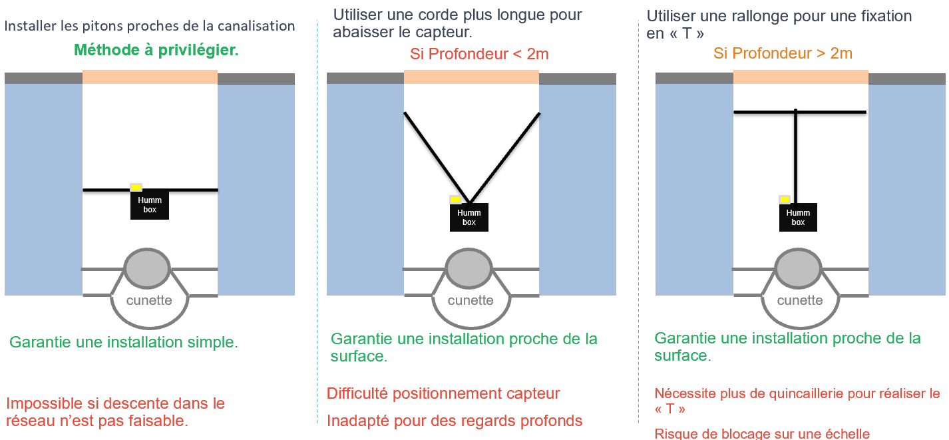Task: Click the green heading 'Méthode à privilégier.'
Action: pos(156,50)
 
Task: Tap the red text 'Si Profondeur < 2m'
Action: pos(479,54)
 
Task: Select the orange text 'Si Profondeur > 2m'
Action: pos(783,53)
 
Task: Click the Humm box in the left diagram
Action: pos(150,205)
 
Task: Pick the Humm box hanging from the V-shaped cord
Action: pos(469,218)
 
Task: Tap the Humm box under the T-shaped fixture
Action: pos(798,218)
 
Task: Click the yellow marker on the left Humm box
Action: pos(136,187)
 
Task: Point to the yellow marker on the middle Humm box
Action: pos(455,200)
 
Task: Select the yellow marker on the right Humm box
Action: pos(785,200)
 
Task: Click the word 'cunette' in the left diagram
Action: pos(149,300)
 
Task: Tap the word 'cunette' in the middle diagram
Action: pos(471,300)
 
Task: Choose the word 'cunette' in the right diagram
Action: pos(800,300)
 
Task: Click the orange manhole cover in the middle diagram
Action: pos(471,77)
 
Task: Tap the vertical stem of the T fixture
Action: pos(796,158)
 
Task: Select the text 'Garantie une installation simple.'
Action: pos(124,342)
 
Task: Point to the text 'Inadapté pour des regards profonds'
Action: pos(455,421)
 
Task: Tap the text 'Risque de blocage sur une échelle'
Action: pos(762,433)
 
